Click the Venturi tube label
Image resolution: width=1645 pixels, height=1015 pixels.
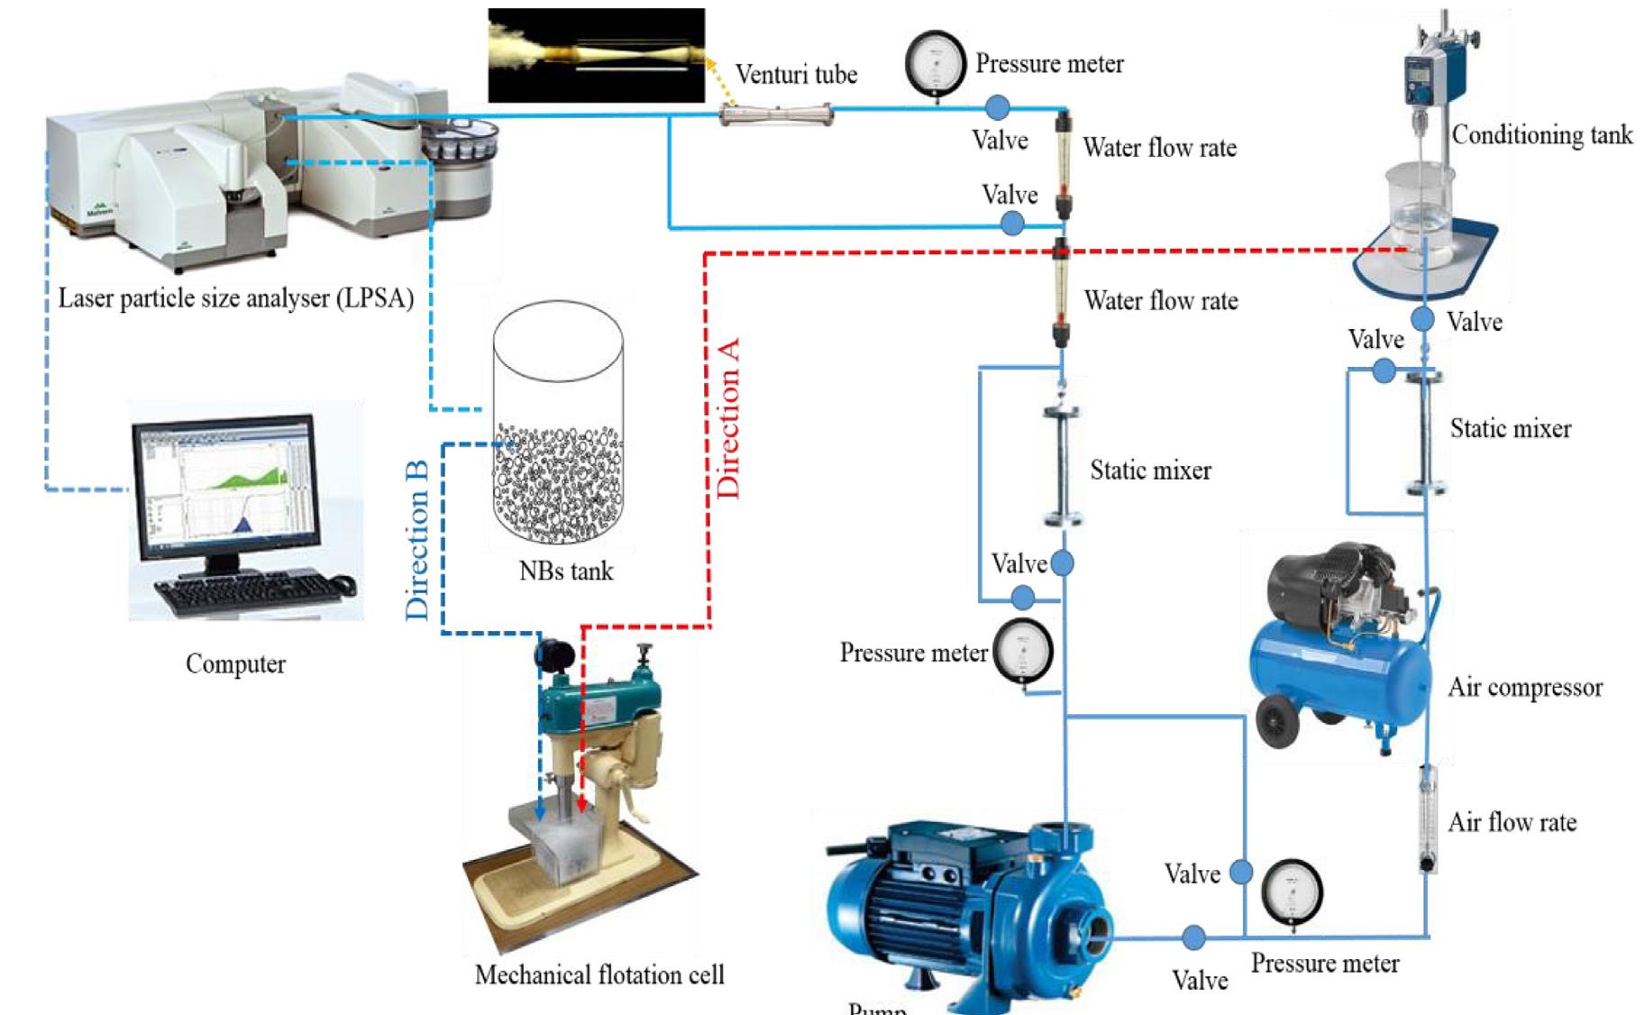796,74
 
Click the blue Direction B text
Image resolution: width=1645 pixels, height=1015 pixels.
416,541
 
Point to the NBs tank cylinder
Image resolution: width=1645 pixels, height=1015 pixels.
558,424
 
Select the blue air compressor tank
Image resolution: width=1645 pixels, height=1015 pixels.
1339,676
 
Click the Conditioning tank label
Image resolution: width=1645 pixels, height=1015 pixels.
1541,135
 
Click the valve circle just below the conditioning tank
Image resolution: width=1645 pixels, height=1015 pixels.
1422,319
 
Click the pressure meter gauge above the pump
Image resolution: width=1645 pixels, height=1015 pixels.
1022,651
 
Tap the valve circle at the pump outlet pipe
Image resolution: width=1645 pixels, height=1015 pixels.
1193,937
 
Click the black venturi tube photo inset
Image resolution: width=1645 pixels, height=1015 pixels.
596,55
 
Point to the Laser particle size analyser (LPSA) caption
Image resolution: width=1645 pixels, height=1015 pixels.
235,298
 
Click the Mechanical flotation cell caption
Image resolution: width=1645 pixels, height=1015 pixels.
599,974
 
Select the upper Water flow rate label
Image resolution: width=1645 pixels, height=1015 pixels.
1159,148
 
